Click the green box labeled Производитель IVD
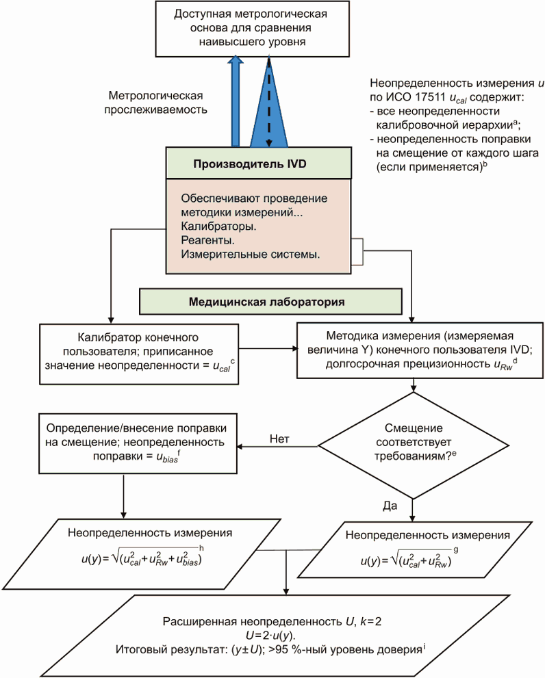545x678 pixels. [259, 164]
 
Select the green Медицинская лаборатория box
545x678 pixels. [269, 301]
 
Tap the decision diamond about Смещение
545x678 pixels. [413, 445]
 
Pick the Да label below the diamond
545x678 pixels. [391, 505]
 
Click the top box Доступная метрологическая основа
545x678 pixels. [249, 28]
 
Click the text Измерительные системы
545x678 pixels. [251, 255]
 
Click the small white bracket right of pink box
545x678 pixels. [357, 251]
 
